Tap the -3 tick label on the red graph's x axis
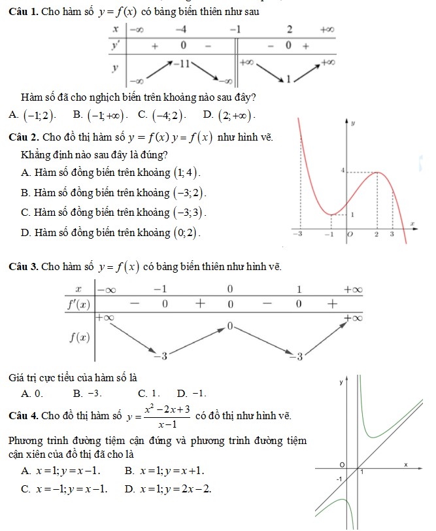click(296, 233)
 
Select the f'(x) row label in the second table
click(79, 304)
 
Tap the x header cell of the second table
click(78, 288)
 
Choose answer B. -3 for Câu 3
click(87, 393)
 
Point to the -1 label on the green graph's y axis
click(339, 479)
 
